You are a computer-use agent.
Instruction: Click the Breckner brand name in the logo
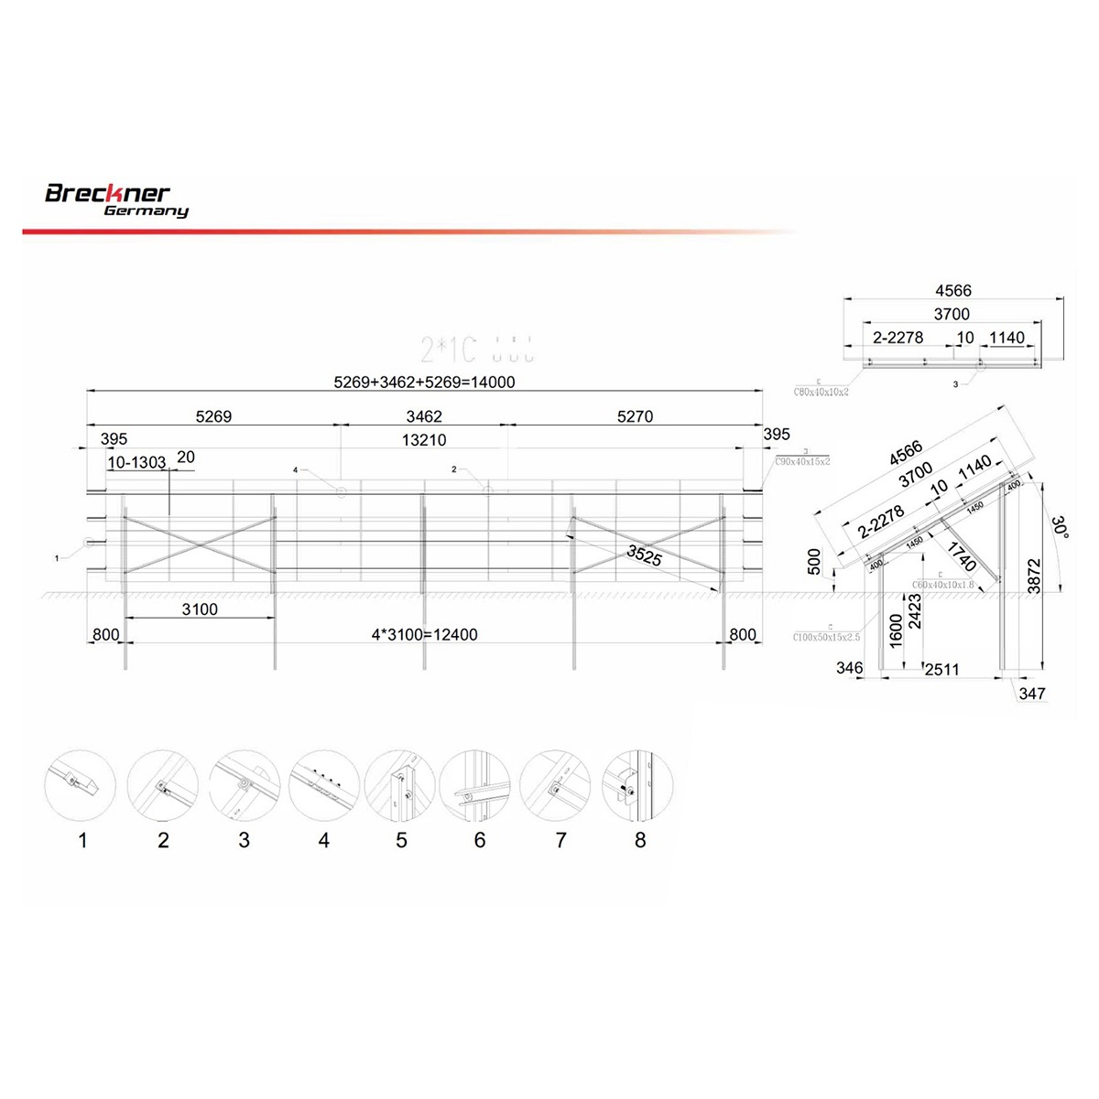click(107, 193)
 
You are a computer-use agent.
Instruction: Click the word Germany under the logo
click(146, 211)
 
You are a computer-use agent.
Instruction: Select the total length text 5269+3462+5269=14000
click(424, 382)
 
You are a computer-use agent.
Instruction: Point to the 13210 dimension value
click(424, 440)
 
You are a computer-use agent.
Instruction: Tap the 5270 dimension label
click(635, 416)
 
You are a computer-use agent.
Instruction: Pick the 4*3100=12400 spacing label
click(424, 634)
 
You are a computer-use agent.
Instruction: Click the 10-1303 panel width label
click(136, 463)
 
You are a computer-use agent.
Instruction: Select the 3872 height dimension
click(1034, 576)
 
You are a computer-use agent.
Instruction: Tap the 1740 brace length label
click(961, 556)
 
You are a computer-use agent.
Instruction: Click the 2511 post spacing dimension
click(941, 670)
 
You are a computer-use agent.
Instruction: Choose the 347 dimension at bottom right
click(1032, 694)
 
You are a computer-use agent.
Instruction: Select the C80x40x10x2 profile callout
click(821, 391)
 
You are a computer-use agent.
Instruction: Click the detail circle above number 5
click(400, 785)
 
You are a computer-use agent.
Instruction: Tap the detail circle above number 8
click(639, 785)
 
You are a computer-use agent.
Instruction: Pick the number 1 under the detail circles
click(82, 840)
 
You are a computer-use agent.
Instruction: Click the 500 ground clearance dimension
click(815, 562)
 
